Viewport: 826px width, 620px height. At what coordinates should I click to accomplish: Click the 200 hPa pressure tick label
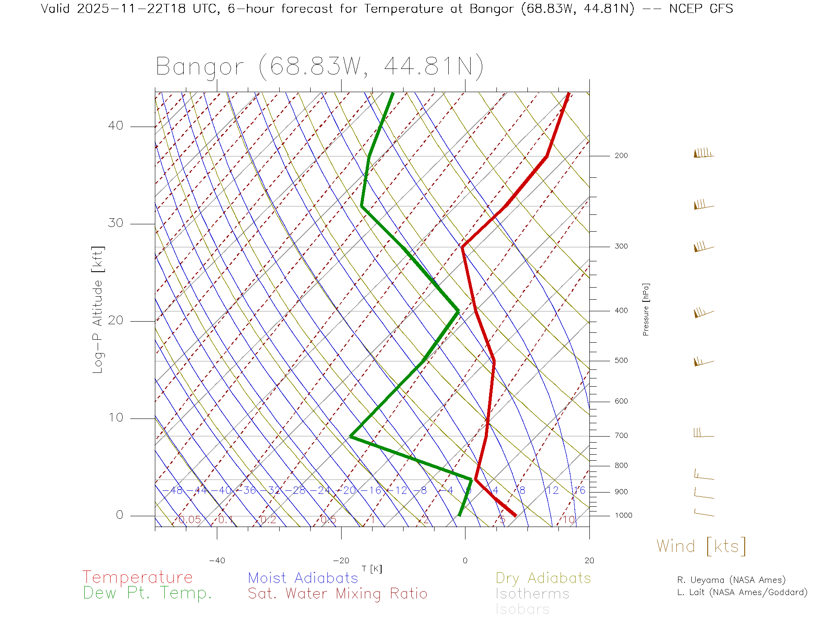coord(621,156)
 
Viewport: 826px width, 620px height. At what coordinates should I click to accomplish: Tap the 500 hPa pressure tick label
coord(621,361)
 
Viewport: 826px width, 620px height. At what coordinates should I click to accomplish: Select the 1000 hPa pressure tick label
coord(623,515)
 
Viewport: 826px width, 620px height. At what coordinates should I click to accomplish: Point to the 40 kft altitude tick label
coord(116,126)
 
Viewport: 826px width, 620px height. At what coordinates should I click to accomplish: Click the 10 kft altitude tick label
coord(116,418)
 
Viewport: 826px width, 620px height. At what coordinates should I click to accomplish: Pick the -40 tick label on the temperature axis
coord(217,561)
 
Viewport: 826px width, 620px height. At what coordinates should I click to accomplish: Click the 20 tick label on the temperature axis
coord(589,561)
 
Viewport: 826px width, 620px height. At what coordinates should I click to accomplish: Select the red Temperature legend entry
coord(138,577)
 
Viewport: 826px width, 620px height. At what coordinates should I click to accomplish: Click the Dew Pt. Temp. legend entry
coord(148,593)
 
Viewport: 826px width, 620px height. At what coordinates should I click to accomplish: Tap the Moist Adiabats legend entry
coord(303,578)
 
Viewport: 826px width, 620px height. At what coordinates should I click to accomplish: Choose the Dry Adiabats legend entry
coord(543,578)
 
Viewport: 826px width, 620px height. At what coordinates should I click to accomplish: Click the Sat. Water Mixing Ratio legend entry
coord(338,594)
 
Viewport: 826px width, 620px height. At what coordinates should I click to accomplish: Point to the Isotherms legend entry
coord(533,594)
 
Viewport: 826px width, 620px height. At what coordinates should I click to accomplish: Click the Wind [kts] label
coord(701,546)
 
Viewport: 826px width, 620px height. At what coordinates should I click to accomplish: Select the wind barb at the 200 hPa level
coord(703,153)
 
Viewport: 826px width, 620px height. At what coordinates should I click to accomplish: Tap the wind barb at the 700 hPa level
coord(703,433)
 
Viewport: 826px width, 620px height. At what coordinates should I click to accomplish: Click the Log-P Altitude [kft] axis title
coord(98,310)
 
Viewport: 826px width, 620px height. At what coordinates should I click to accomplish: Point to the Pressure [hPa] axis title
coord(646,309)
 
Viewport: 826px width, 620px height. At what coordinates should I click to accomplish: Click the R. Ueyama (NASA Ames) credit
coord(731,580)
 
